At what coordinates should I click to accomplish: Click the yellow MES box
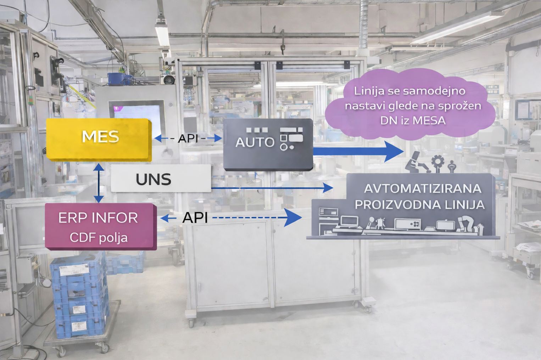click(99, 140)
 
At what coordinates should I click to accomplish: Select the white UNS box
click(161, 179)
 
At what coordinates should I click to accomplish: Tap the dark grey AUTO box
click(268, 145)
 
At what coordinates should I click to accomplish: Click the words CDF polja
click(99, 238)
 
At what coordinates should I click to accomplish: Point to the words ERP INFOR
click(98, 218)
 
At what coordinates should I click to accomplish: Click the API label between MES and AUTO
click(188, 139)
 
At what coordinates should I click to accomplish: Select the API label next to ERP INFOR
click(195, 218)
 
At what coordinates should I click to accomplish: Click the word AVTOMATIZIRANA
click(423, 189)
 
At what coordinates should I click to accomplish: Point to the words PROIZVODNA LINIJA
click(420, 205)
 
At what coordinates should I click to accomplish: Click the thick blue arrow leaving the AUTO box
click(358, 151)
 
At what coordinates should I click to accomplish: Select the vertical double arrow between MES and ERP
click(99, 183)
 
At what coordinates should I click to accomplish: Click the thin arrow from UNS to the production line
click(272, 188)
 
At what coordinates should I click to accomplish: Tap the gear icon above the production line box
click(437, 163)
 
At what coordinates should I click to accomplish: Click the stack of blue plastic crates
click(79, 294)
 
